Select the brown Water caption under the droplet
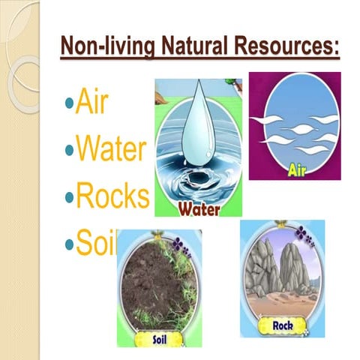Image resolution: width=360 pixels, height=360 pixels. (199, 210)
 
